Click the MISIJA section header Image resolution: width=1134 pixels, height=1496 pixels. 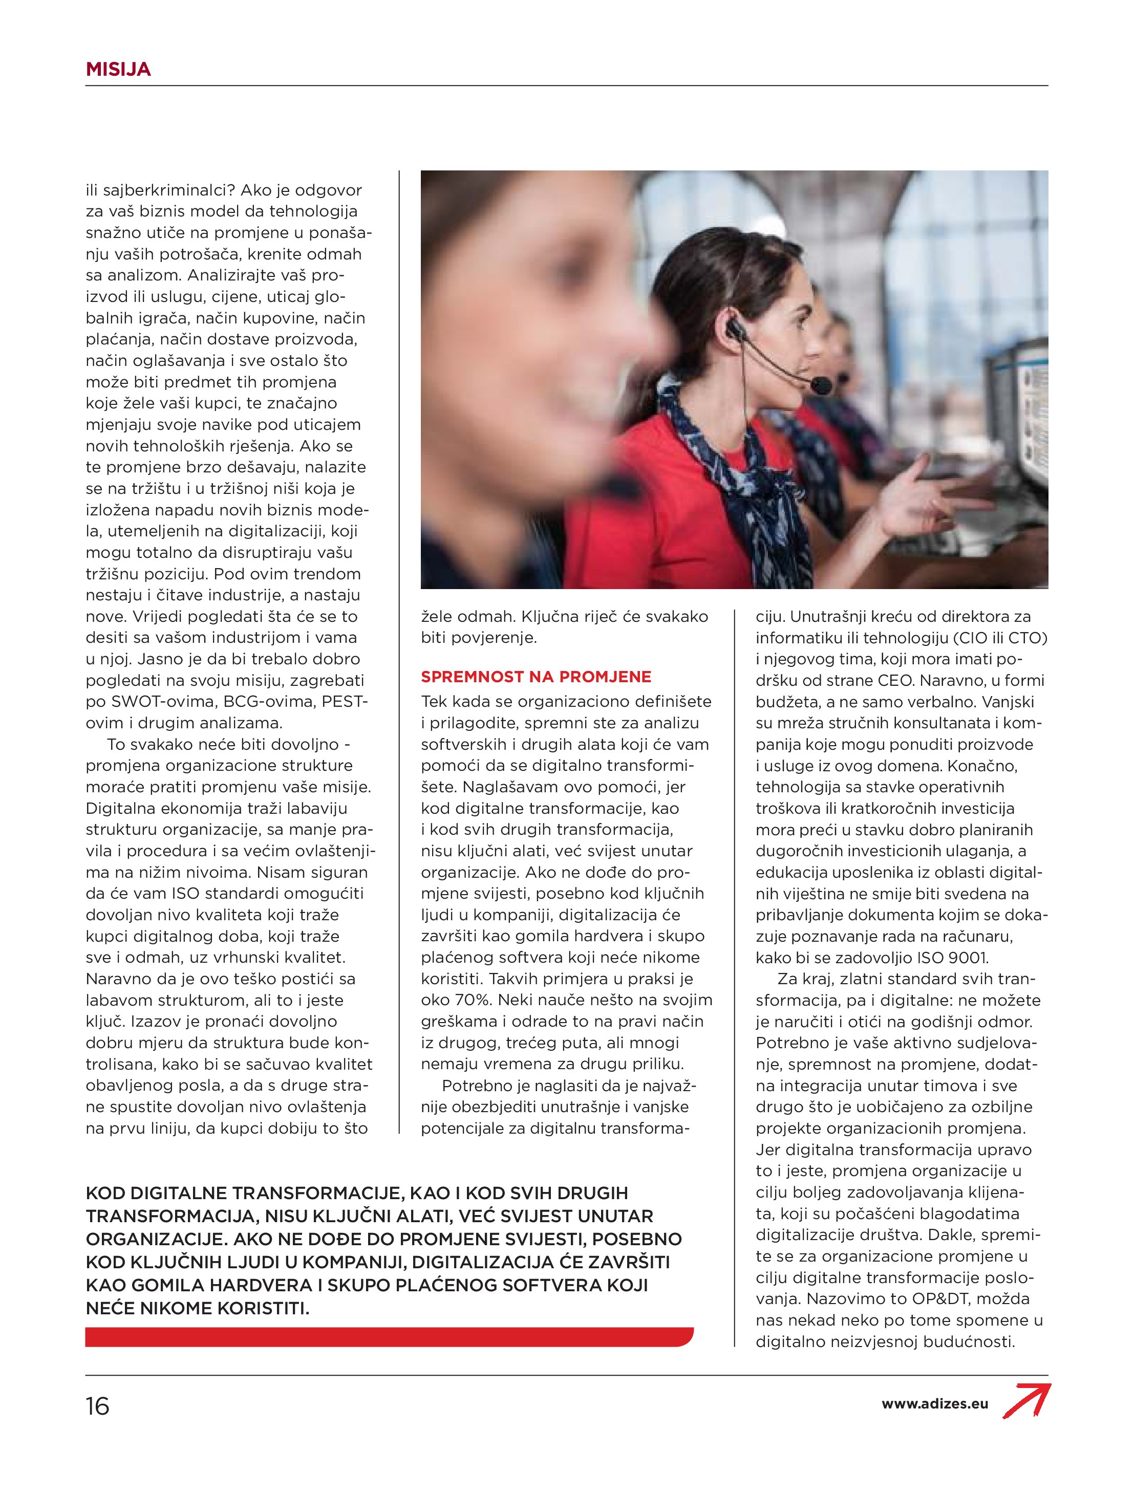pyautogui.click(x=118, y=69)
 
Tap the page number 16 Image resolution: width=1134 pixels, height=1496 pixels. pyautogui.click(x=97, y=1406)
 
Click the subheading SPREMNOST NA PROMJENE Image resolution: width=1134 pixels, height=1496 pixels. pyautogui.click(x=536, y=677)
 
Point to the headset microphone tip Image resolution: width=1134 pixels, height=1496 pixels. pyautogui.click(x=822, y=387)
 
